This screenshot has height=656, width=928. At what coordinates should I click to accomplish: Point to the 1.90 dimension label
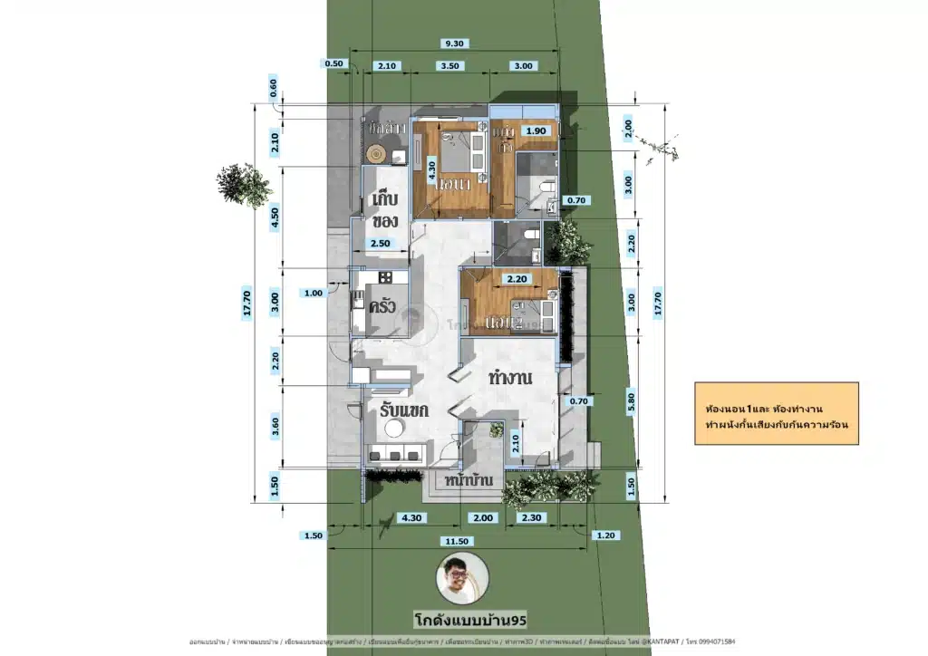pos(537,130)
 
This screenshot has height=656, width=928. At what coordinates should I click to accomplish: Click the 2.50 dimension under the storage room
pos(382,244)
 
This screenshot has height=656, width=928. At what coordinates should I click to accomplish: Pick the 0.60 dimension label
pos(274,88)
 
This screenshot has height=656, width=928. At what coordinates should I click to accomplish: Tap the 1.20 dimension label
pos(605,535)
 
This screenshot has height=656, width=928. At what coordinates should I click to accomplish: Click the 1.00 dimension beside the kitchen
pos(314,293)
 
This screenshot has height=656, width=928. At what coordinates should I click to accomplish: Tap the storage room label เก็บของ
pos(382,210)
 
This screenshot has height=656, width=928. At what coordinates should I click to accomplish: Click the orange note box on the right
pos(775,413)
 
